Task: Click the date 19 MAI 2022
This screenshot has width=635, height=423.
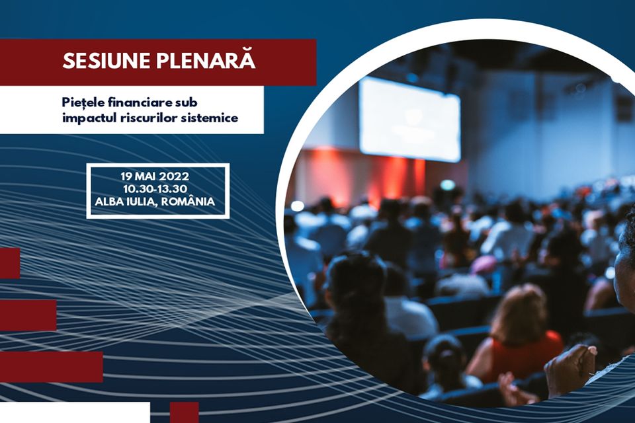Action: (155, 176)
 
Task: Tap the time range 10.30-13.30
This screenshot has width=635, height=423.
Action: (155, 188)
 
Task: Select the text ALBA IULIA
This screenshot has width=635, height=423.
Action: (125, 202)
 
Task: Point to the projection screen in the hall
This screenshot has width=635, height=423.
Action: (409, 119)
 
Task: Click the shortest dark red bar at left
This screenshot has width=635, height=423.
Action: (10, 263)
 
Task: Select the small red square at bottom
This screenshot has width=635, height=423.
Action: (185, 412)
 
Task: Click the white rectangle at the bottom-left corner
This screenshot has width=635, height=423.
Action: (75, 412)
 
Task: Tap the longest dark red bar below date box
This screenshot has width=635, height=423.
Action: (52, 367)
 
